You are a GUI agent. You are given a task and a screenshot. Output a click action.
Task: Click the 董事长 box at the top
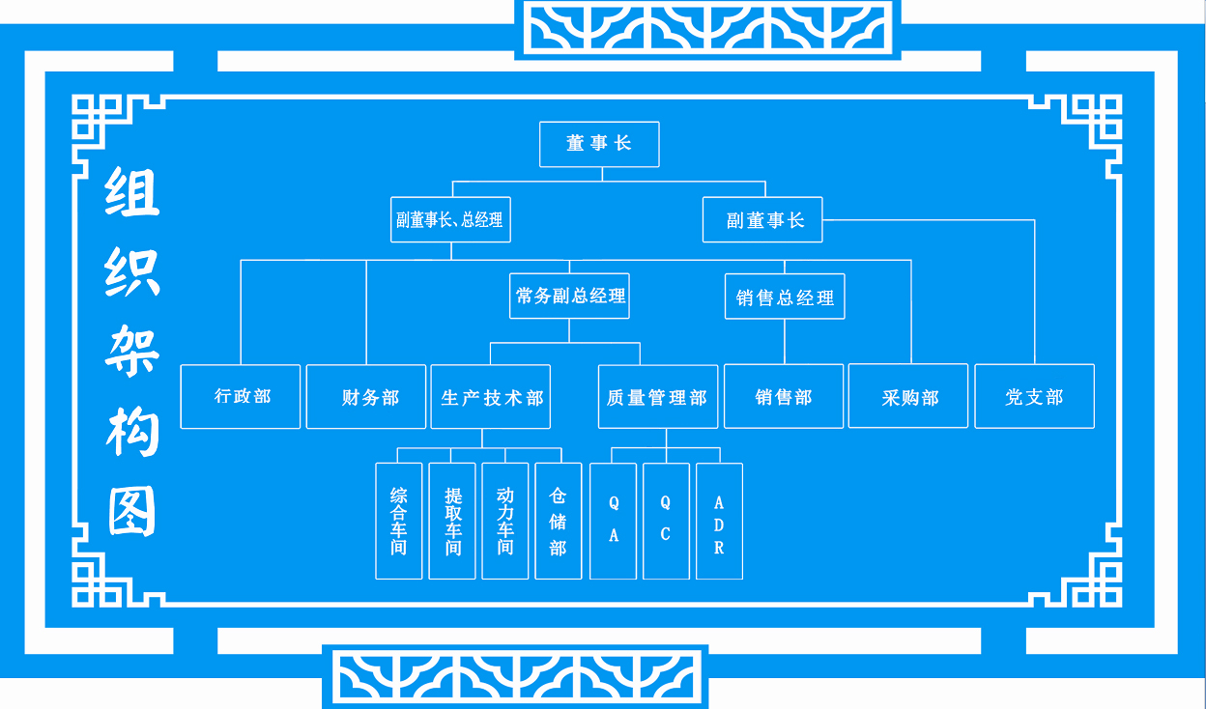click(x=599, y=144)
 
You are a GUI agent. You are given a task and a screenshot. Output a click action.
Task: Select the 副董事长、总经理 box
click(x=449, y=220)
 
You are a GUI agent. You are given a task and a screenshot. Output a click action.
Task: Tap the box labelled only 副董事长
click(x=762, y=220)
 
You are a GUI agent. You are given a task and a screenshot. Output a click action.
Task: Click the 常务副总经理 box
click(x=569, y=297)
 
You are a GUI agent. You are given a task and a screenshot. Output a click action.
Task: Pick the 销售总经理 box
click(x=785, y=298)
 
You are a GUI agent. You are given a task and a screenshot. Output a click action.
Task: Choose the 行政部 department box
click(x=241, y=396)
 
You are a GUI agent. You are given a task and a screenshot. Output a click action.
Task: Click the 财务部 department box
click(x=366, y=396)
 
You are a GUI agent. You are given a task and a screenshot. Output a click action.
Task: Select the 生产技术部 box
click(x=491, y=396)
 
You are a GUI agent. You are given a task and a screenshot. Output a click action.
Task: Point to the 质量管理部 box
click(x=658, y=396)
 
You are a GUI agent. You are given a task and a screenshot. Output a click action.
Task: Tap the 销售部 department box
click(x=784, y=396)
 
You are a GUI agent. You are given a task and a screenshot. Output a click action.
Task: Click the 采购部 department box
click(x=908, y=396)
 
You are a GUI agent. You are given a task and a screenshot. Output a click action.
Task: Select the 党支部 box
click(x=1034, y=396)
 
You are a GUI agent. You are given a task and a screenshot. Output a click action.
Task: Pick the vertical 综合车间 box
click(x=399, y=521)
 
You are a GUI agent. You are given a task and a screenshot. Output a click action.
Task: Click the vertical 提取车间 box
click(x=452, y=521)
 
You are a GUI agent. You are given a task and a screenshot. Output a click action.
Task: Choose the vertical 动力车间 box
click(x=505, y=521)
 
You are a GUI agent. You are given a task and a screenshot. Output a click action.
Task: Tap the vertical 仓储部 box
click(x=558, y=521)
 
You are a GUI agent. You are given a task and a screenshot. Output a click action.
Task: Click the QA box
click(x=614, y=521)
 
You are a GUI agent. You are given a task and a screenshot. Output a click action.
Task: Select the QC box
click(x=666, y=521)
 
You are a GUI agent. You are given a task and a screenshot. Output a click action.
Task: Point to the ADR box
click(x=719, y=521)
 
